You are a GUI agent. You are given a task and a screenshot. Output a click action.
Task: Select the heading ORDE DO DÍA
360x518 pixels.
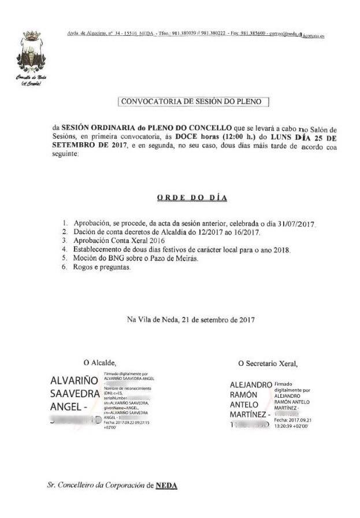[192, 198]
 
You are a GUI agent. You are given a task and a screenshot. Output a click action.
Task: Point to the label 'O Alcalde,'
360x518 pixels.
[100, 362]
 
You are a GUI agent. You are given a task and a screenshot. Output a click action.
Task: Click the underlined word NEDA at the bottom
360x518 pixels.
[166, 486]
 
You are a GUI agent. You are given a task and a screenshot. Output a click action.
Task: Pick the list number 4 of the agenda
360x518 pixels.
[65, 250]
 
